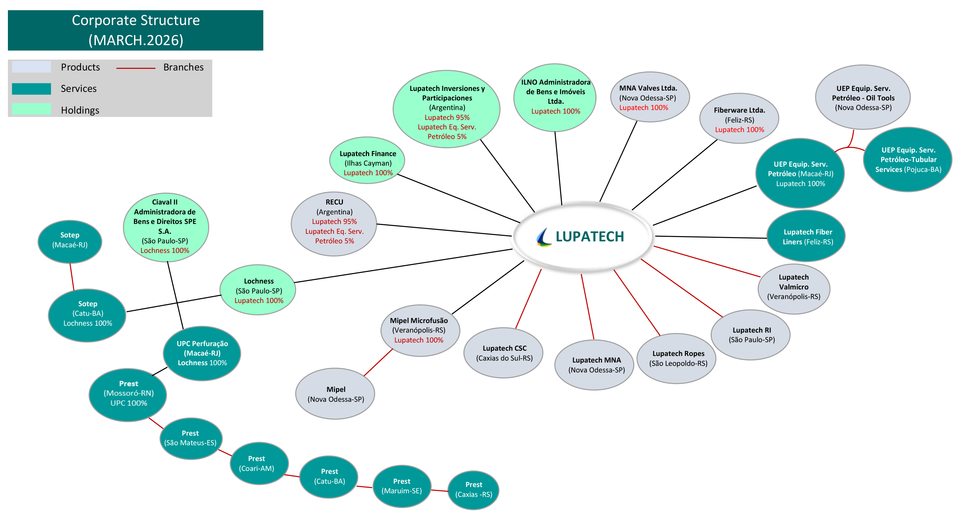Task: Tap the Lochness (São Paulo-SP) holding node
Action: (x=258, y=290)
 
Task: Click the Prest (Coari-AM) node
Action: (x=259, y=463)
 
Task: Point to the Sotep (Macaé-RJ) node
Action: (x=70, y=241)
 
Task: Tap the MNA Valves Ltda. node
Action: (x=650, y=97)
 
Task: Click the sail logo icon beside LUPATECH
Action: (x=544, y=237)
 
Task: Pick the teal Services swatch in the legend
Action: (x=31, y=89)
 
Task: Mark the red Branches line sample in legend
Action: (x=136, y=68)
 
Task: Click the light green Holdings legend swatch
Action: (x=31, y=109)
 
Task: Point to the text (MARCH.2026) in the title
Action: (x=136, y=40)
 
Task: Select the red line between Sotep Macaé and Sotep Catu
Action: (x=72, y=277)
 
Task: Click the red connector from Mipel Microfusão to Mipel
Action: (x=378, y=363)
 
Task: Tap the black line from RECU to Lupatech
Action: (x=444, y=230)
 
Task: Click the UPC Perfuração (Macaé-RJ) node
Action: (x=202, y=353)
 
